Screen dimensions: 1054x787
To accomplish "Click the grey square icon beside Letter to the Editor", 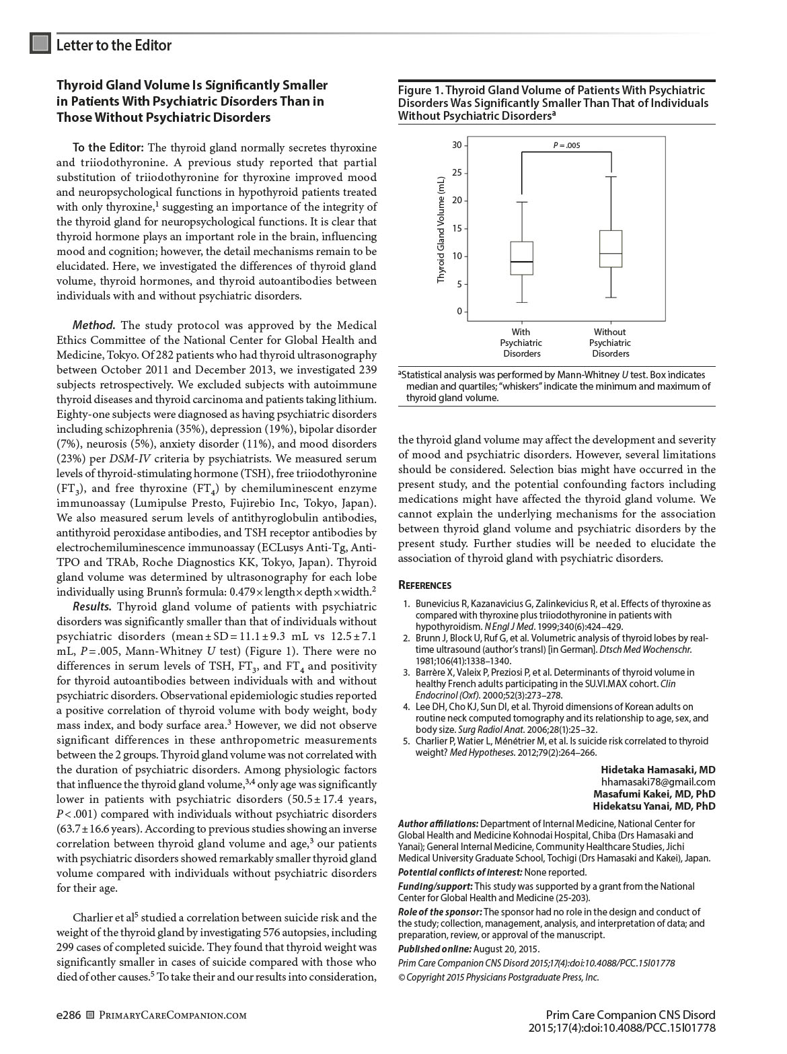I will (x=40, y=44).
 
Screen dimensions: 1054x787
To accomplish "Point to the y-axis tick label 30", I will (x=457, y=145).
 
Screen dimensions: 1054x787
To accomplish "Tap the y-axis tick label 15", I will (x=457, y=228).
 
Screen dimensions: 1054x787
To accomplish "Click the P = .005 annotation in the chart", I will (x=566, y=145).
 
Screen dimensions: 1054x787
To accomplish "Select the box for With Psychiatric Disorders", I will (x=521, y=258).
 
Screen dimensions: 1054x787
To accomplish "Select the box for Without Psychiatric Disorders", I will (x=611, y=249).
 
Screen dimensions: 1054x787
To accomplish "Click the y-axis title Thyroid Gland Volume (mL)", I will (x=441, y=230).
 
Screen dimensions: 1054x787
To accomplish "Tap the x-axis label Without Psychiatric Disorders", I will (x=610, y=343).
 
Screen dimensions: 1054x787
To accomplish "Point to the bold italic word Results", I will (x=92, y=606).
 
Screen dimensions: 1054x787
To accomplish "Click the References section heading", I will (x=424, y=586).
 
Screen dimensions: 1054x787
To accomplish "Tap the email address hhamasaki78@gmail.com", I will (x=658, y=781).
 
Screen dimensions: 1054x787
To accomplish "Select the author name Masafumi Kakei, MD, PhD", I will (x=654, y=794).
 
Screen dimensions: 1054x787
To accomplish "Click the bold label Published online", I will (x=435, y=948).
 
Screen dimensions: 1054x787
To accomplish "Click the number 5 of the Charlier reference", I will (x=406, y=741).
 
